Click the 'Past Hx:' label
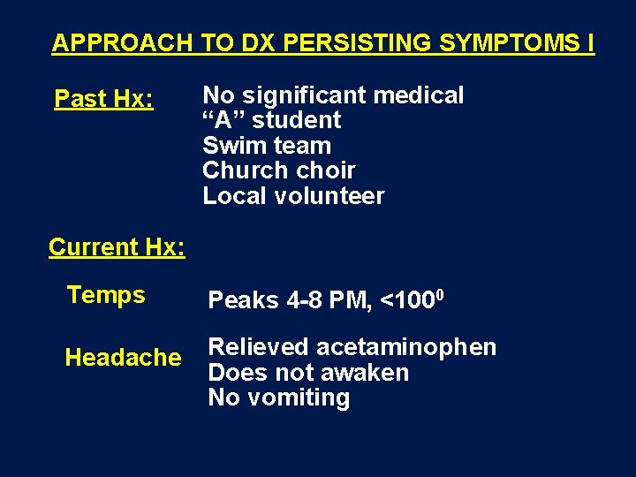[104, 99]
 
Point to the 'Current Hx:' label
[117, 247]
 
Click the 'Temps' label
[106, 295]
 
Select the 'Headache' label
[123, 358]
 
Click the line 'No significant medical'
[333, 95]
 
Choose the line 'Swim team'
[266, 146]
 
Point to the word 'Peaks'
[243, 301]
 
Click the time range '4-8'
[306, 301]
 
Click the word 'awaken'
[366, 373]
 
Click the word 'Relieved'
[258, 348]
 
